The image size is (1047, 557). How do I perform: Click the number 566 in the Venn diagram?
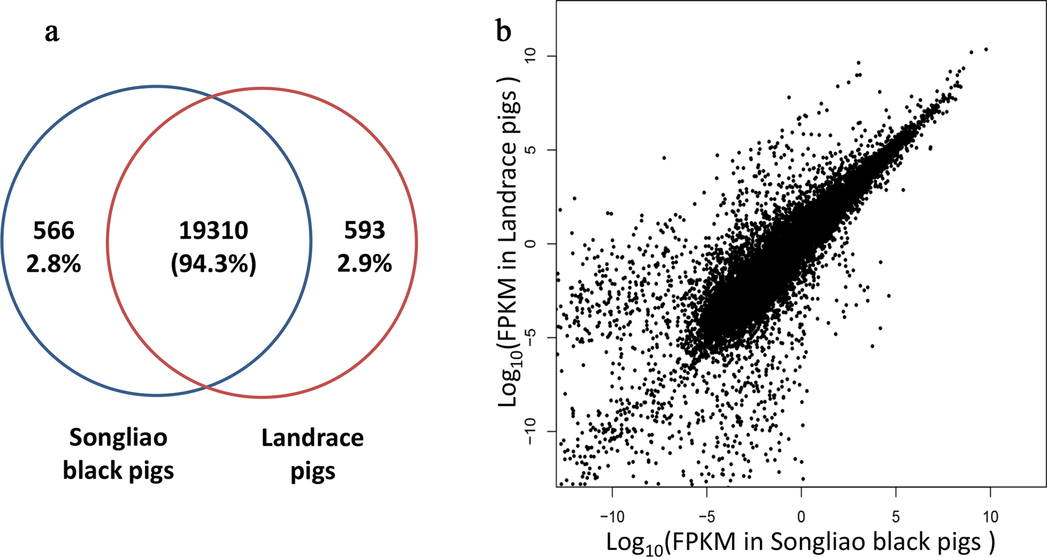pos(53,230)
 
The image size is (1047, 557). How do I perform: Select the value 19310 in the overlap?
pos(213,230)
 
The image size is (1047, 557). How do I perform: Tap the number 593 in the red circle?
pos(364,230)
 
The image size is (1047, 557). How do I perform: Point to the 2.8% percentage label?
pos(53,264)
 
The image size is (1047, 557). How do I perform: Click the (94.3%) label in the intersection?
pos(213,264)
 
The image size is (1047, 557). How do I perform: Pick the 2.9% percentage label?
pos(364,264)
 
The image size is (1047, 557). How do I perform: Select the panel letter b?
pos(503,31)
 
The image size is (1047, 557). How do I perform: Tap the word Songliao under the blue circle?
pos(118,438)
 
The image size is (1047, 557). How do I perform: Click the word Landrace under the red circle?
pos(313,438)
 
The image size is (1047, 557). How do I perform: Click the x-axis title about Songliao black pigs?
pos(800,542)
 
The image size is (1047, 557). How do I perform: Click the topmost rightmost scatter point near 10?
pos(986,49)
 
